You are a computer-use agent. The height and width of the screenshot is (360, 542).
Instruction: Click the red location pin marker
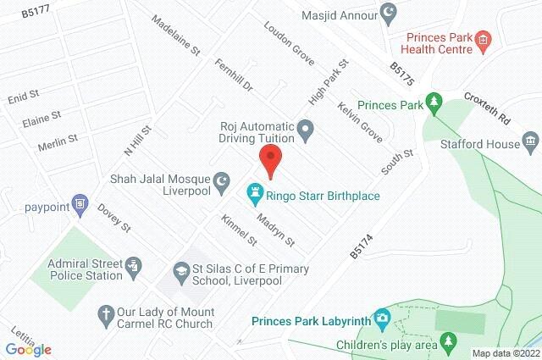[x=270, y=159]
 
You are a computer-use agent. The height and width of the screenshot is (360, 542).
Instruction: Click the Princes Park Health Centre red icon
[x=482, y=38]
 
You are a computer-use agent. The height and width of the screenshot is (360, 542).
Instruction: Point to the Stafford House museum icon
[x=530, y=139]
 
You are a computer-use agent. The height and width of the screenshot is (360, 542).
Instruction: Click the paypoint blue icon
[x=80, y=204]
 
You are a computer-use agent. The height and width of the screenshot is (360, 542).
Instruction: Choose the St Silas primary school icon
[x=180, y=269]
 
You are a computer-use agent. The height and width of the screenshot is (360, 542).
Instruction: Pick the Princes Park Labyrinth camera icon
[x=382, y=318]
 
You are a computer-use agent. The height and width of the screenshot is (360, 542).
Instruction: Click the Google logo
[x=27, y=349]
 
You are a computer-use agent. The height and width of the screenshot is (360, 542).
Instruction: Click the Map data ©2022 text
[x=506, y=353]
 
